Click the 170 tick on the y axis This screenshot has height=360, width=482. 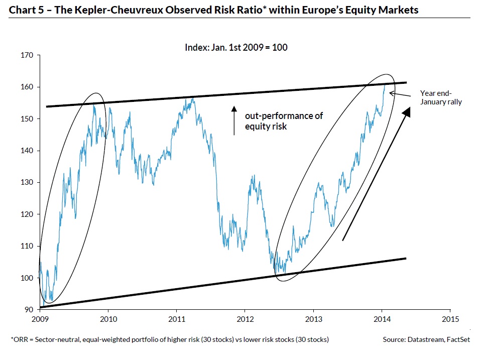click(27, 55)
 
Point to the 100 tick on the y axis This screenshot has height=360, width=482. click(27, 278)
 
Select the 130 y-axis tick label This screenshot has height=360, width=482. click(27, 182)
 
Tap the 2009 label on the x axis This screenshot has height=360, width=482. click(40, 318)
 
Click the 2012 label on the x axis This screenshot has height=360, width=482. click(245, 318)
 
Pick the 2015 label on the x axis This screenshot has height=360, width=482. click(450, 318)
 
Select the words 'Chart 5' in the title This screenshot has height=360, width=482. click(26, 10)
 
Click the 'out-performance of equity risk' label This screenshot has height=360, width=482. click(284, 121)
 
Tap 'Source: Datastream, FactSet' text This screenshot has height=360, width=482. click(426, 340)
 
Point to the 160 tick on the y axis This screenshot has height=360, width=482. click(27, 87)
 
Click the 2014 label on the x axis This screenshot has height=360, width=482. click(382, 318)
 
